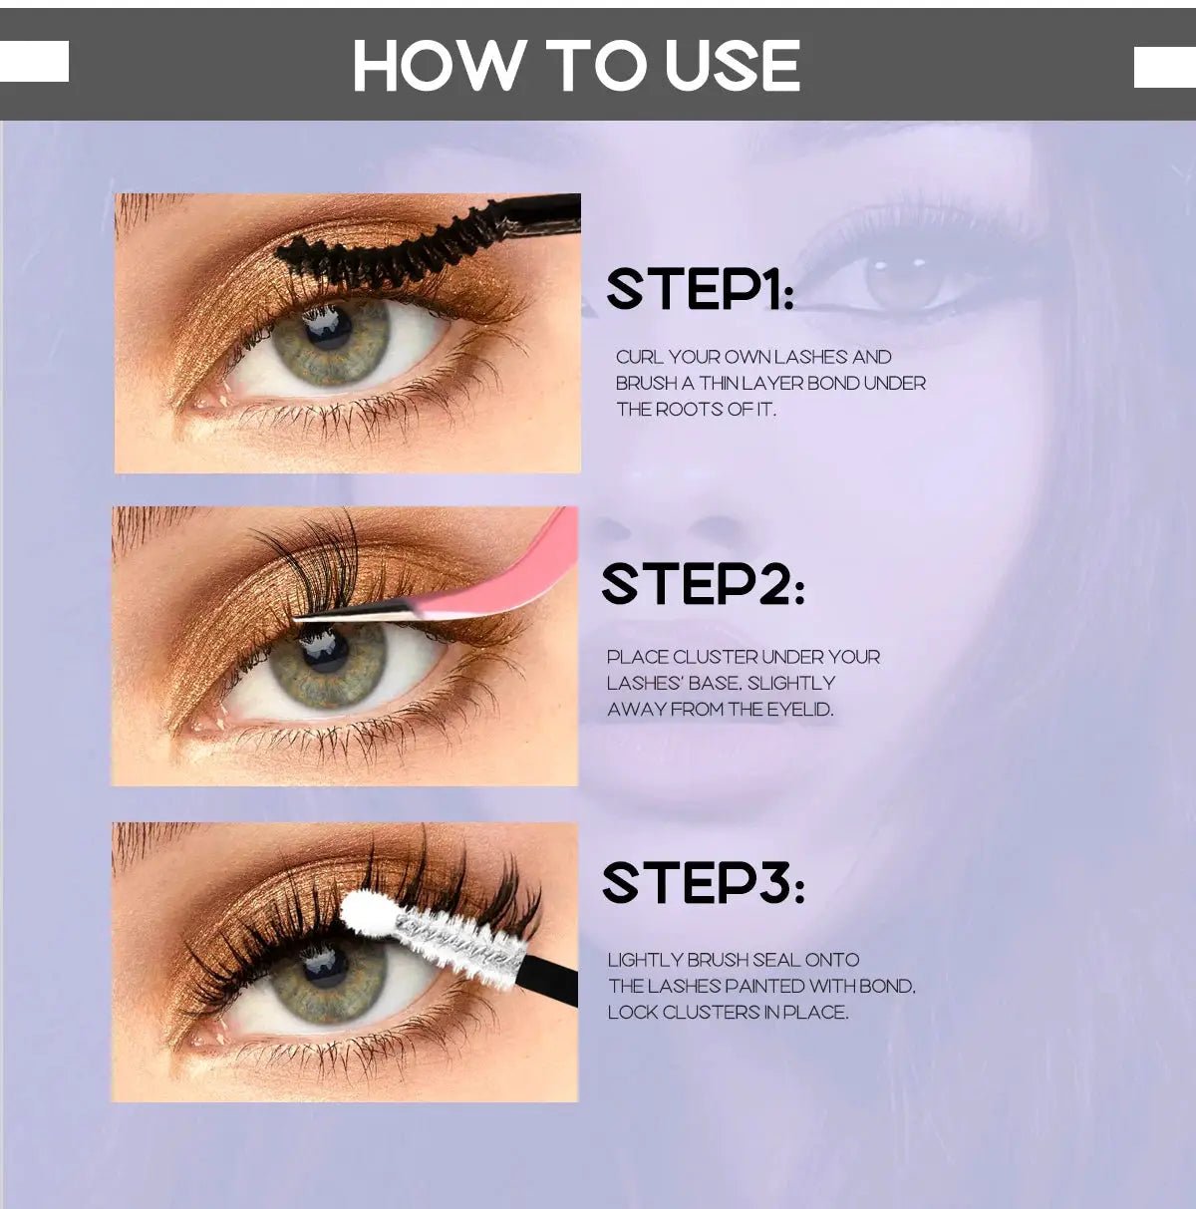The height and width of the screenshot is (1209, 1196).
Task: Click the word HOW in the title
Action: pos(438,65)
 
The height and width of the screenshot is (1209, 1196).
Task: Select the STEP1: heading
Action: pos(701,289)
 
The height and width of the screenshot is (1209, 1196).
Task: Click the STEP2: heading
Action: pos(703,585)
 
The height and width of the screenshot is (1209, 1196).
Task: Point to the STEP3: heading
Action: pos(703,882)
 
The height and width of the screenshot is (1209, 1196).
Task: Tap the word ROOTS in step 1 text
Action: pos(691,410)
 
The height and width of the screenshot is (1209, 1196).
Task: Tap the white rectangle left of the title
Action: pos(34,61)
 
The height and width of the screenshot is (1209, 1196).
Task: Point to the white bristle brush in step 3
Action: pos(461,941)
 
